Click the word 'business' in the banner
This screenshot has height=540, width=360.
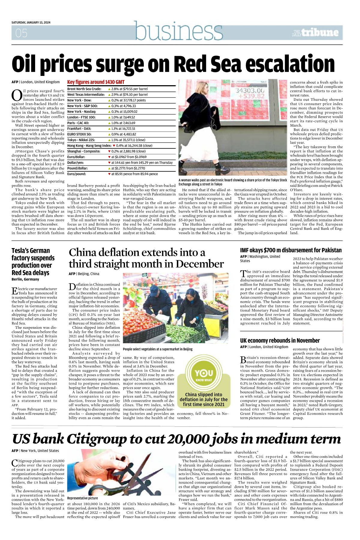179,31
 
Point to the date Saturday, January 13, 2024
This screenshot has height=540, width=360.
31,22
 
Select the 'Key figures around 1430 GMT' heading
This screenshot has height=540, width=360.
96,82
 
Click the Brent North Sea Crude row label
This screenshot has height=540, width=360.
84,89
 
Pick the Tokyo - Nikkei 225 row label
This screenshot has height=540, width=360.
81,140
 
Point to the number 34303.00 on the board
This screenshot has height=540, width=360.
250,90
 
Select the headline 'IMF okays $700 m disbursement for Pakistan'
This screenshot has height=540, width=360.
291,250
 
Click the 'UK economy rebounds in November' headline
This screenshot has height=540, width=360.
280,340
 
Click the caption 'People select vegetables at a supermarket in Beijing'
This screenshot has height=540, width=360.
158,349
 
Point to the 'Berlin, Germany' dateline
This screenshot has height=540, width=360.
25,279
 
